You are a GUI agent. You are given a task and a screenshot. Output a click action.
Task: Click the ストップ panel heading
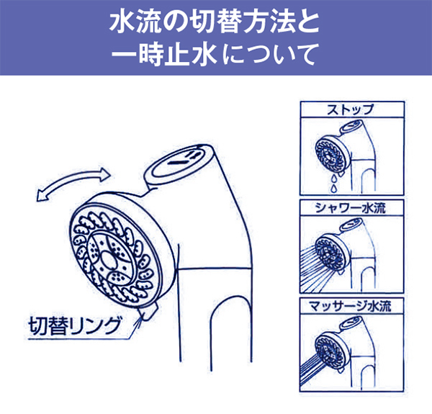tap(351, 110)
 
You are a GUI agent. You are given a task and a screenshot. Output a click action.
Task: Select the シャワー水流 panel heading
tap(351, 209)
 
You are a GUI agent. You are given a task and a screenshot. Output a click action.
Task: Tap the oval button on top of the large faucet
tap(181, 157)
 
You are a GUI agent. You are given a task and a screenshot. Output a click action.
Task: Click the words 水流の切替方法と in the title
tap(215, 22)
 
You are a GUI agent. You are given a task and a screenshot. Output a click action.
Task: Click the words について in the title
tap(276, 55)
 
